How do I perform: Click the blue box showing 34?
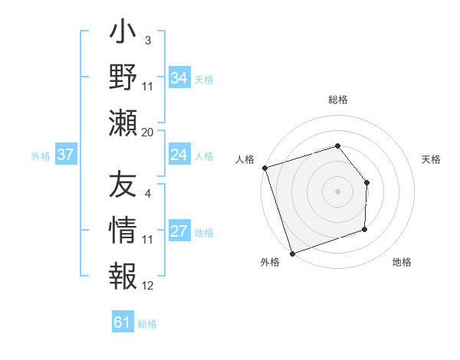tap(179, 77)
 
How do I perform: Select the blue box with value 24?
tap(179, 155)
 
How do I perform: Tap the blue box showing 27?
tap(179, 232)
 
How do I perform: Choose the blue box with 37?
tap(65, 155)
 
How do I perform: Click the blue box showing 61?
tap(122, 322)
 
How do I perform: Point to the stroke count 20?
tap(147, 133)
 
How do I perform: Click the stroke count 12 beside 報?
tap(147, 286)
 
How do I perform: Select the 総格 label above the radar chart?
tap(337, 100)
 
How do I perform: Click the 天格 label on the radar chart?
tap(431, 159)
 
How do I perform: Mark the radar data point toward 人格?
tap(264, 168)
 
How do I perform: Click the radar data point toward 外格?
tap(292, 253)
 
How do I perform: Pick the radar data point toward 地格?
tap(365, 229)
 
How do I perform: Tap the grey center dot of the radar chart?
tap(337, 191)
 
